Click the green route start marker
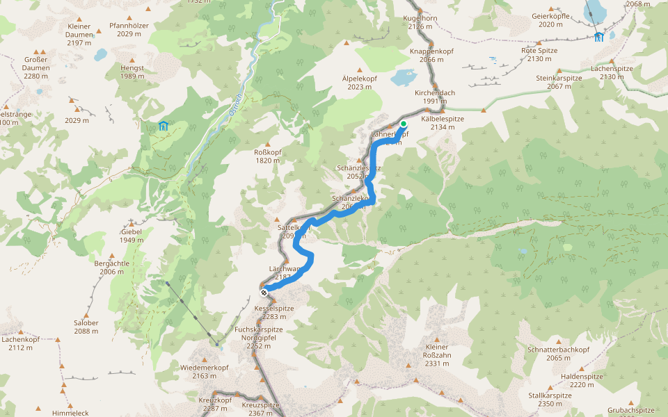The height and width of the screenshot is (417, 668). click(403, 124)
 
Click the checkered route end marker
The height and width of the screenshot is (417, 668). click(264, 293)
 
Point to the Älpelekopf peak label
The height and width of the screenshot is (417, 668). click(359, 83)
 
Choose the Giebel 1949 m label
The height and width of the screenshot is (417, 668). click(131, 236)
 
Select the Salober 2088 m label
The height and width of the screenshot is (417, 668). click(86, 327)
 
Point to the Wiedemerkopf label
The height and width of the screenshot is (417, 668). click(204, 371)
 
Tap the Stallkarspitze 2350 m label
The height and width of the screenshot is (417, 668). click(550, 399)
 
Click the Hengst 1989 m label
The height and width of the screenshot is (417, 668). click(132, 72)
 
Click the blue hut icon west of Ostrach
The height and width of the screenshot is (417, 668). click(163, 126)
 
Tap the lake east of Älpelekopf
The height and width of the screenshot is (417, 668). click(403, 77)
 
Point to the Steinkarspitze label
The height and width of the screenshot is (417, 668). click(559, 82)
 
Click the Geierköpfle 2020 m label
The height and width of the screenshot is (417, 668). click(550, 20)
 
